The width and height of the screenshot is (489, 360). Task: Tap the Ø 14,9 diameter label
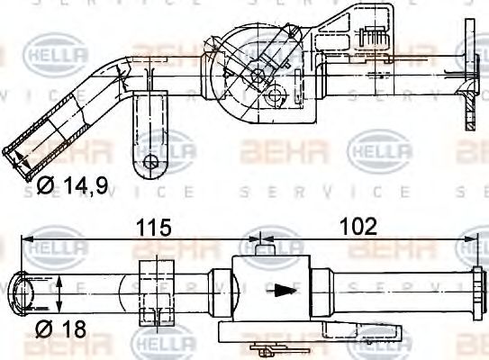click(73, 187)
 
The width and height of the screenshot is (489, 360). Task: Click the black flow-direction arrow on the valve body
click(284, 291)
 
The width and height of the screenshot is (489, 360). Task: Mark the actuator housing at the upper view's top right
click(360, 36)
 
